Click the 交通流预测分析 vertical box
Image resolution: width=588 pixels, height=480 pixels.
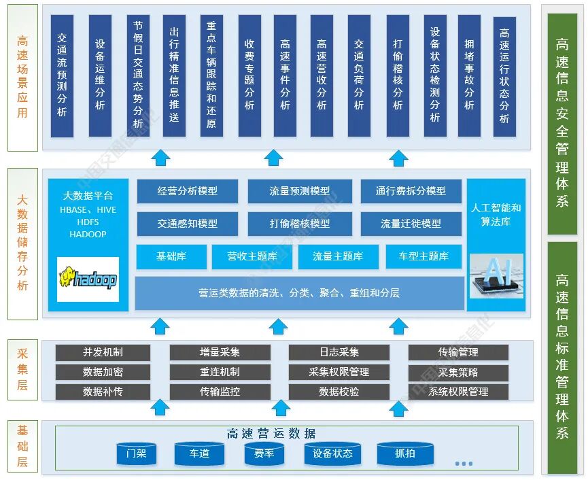coord(62,76)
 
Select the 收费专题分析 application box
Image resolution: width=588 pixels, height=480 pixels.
coord(249,76)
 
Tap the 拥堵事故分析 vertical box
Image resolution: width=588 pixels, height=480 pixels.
coord(469,76)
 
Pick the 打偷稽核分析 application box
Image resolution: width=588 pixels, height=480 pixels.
coord(398,76)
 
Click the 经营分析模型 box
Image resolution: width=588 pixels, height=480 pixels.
coord(188,191)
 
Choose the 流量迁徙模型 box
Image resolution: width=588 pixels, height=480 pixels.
coord(411,223)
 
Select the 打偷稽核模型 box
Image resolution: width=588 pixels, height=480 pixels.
coord(299,223)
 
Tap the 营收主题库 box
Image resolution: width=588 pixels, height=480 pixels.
coord(252,256)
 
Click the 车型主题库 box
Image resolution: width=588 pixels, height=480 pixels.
coord(423,256)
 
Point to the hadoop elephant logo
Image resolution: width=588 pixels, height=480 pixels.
coord(88,279)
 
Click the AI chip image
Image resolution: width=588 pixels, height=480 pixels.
coord(496,276)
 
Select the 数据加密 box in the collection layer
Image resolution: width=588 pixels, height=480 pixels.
coord(103,372)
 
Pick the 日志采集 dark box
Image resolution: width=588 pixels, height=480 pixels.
coord(339,352)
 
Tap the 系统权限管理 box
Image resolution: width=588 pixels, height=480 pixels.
coord(458,392)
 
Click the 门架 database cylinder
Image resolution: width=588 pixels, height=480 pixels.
coord(136,453)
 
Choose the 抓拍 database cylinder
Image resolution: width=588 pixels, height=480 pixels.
coord(405,453)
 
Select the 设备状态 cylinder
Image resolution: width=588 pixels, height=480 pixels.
coord(332,453)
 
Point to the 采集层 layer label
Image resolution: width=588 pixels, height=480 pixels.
coord(22,371)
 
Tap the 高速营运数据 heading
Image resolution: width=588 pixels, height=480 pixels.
coord(271,434)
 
